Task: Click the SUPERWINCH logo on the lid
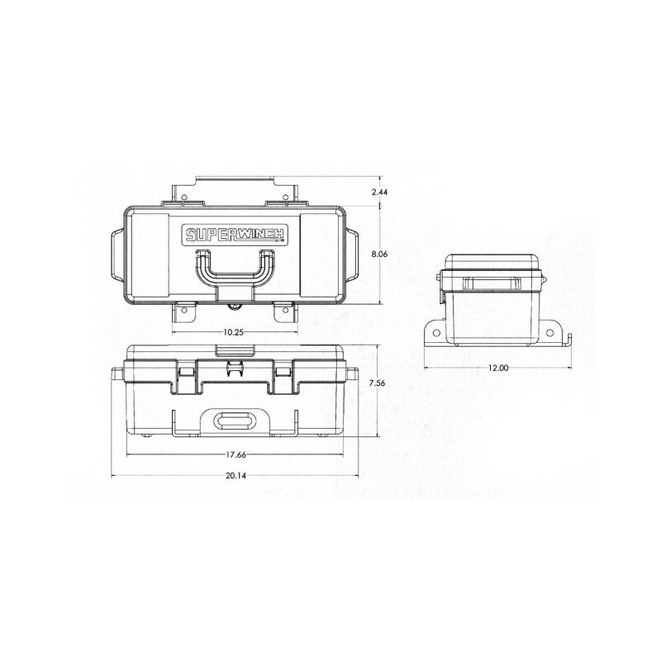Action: (236, 234)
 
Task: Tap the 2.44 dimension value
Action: (380, 192)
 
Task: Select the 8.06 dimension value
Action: (380, 254)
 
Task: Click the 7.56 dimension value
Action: (377, 383)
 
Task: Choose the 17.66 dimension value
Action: (236, 454)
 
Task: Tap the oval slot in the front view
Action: (235, 420)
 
